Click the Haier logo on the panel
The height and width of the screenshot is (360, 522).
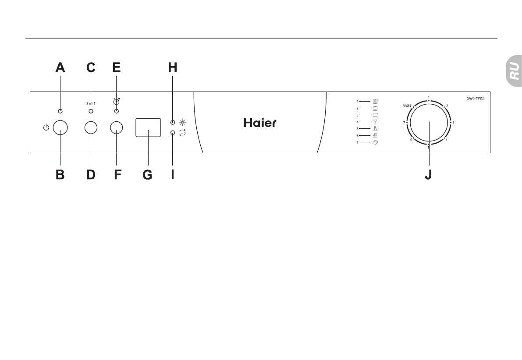(260, 123)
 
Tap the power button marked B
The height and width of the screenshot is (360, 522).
(60, 127)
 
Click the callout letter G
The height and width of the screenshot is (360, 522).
(147, 174)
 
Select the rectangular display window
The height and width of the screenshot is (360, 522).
(148, 127)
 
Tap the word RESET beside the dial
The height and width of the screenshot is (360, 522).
(406, 106)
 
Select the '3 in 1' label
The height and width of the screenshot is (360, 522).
(91, 103)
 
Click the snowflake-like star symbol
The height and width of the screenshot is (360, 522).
(181, 122)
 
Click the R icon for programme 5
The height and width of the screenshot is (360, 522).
(375, 128)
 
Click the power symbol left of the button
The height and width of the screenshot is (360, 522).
(46, 127)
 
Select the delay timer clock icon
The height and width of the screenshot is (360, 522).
(117, 101)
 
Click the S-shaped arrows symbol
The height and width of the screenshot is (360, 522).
(181, 132)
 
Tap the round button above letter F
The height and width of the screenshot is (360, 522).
(117, 127)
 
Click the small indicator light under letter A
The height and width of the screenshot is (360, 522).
(60, 112)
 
